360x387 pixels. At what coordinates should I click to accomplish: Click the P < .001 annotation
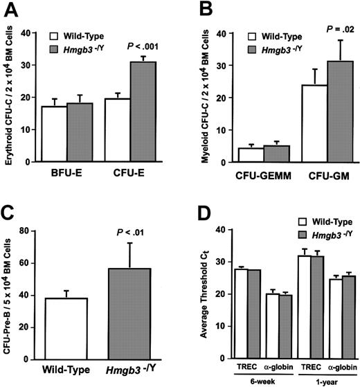pyautogui.click(x=144, y=47)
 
